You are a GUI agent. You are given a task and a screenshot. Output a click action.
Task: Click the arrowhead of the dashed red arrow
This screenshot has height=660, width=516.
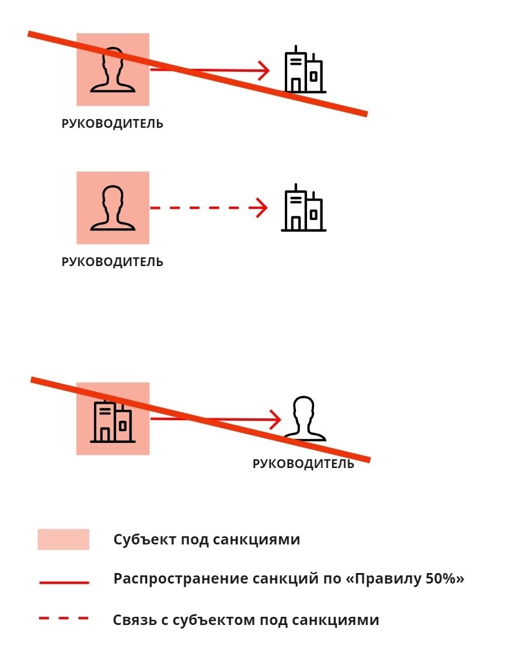(262, 208)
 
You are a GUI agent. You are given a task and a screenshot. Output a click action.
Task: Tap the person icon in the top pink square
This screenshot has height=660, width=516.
(113, 69)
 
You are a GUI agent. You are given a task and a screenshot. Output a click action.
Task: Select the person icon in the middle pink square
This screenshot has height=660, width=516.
(113, 208)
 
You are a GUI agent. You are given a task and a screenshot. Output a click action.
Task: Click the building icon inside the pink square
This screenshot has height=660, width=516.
(113, 421)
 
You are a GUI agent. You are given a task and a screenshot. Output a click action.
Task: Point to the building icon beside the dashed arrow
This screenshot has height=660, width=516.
(304, 208)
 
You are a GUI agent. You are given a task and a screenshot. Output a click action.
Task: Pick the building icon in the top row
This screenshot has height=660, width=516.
(304, 69)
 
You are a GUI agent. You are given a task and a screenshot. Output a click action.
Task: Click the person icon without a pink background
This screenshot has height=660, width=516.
(304, 418)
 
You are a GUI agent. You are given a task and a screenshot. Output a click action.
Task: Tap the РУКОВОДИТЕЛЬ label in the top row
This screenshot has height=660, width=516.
(113, 124)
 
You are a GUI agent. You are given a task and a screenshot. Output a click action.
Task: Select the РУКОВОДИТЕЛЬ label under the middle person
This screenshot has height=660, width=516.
(113, 262)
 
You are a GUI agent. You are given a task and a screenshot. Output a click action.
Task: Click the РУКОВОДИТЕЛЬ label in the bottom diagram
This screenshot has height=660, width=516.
(304, 464)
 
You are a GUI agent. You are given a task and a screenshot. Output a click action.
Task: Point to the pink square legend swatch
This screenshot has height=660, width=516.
(64, 539)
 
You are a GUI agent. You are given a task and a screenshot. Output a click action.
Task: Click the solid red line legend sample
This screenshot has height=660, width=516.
(64, 582)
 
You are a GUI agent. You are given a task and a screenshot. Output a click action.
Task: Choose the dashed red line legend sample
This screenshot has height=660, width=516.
(64, 619)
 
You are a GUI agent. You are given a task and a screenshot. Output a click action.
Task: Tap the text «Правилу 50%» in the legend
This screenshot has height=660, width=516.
(405, 579)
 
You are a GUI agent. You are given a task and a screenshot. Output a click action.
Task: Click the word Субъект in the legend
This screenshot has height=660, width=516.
(145, 539)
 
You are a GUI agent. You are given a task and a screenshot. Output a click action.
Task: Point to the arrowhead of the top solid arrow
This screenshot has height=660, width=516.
(264, 70)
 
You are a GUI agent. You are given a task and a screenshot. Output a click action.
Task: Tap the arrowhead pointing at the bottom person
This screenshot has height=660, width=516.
(276, 419)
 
